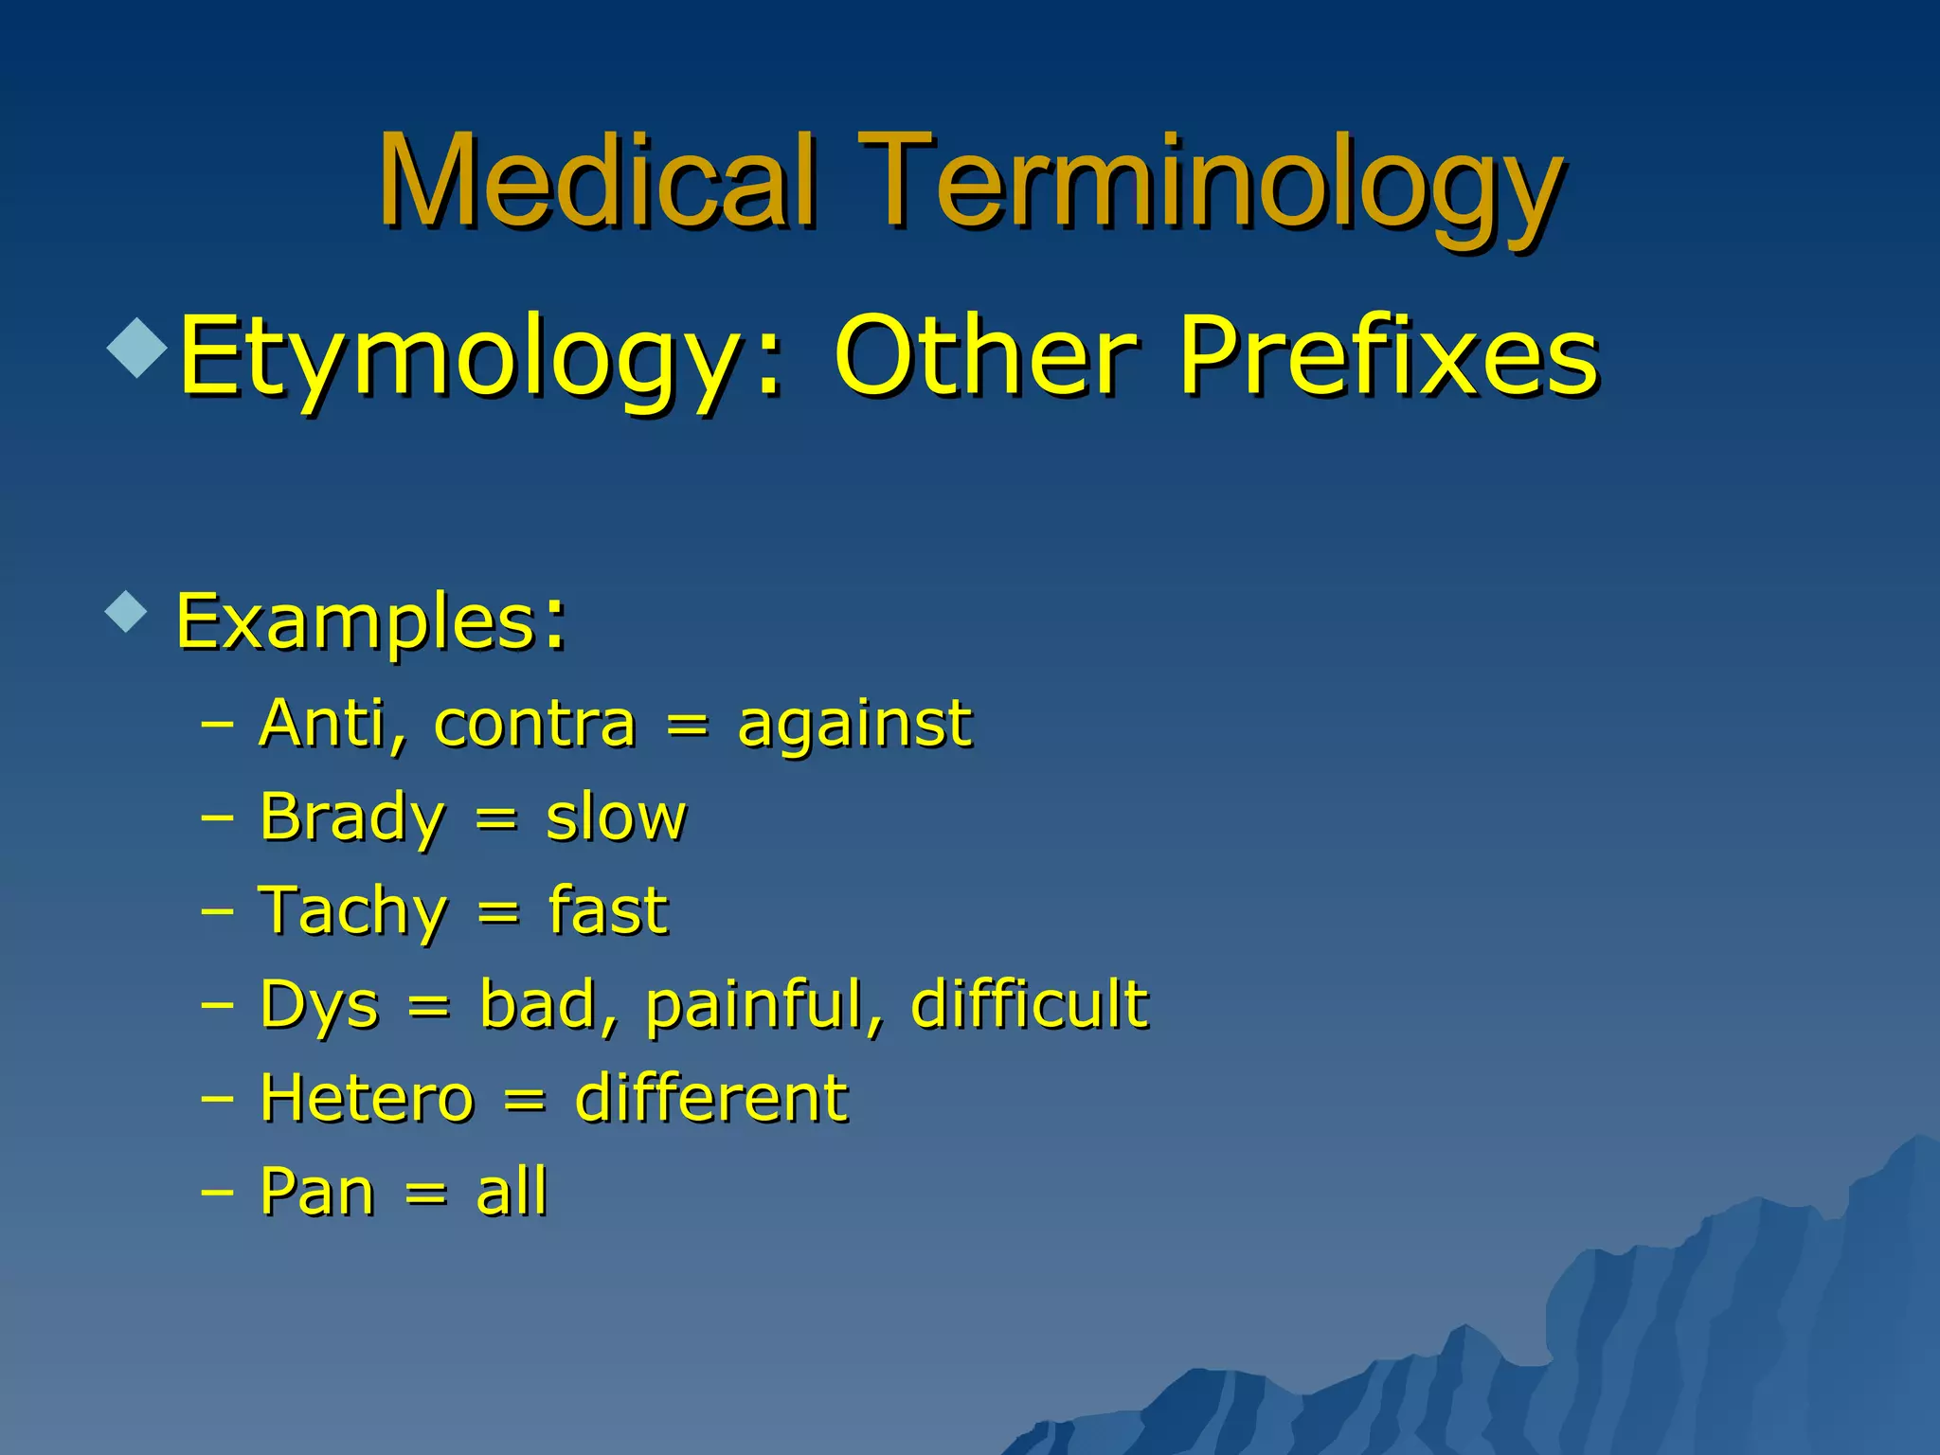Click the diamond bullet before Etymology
[138, 348]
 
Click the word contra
[534, 724]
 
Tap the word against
[853, 726]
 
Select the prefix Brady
[351, 817]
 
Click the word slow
[615, 817]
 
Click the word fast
[607, 909]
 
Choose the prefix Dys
[319, 1004]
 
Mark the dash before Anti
[217, 726]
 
